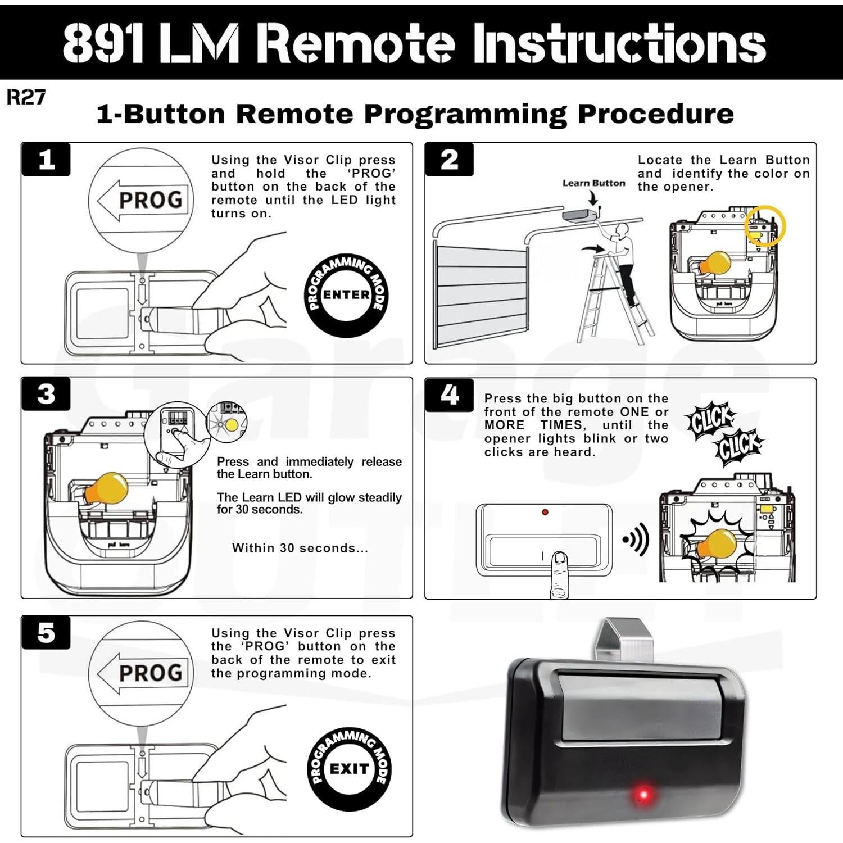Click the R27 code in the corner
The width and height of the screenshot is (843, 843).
click(x=26, y=97)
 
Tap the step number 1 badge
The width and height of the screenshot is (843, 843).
click(x=46, y=160)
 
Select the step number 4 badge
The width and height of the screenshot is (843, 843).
click(x=449, y=395)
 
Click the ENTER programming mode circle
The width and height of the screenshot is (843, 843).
click(x=346, y=295)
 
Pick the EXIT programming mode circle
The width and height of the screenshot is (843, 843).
click(x=349, y=768)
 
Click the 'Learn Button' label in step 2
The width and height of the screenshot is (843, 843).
click(x=593, y=183)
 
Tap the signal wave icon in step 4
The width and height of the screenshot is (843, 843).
click(x=637, y=540)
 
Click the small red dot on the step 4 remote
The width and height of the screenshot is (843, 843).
click(x=545, y=512)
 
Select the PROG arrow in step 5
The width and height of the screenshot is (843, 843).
click(x=140, y=673)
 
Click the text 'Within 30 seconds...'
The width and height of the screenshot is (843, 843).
click(x=300, y=548)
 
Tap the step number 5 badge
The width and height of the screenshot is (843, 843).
click(x=46, y=633)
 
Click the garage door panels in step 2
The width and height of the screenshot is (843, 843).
click(x=481, y=295)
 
